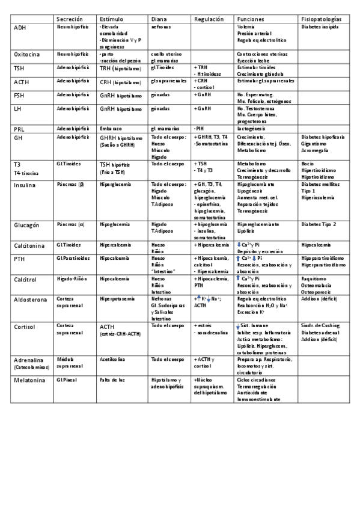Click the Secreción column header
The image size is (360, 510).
(68, 20)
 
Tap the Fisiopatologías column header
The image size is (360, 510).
(323, 20)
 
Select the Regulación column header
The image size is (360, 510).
(209, 20)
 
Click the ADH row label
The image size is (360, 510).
(20, 28)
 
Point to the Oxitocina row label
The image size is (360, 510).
(27, 54)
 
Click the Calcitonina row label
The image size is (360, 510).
(30, 246)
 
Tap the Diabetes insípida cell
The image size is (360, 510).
(320, 28)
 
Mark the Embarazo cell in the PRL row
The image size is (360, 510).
(111, 129)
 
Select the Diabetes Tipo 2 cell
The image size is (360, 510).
(319, 224)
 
